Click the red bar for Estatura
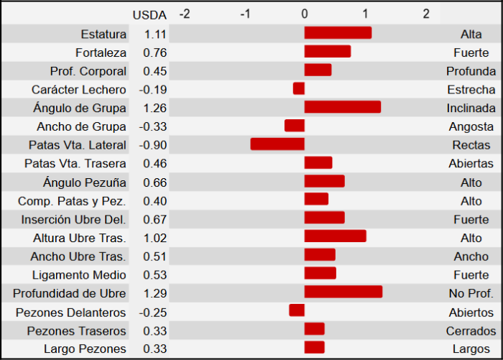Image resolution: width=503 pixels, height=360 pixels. (x=338, y=33)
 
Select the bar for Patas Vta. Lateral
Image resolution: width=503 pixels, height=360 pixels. (x=277, y=144)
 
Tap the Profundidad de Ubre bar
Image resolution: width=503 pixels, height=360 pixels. (x=343, y=292)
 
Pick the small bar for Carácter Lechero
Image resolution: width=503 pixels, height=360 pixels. (x=299, y=88)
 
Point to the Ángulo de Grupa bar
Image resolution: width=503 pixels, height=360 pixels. (x=342, y=107)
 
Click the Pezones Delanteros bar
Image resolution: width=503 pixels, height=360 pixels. (x=297, y=310)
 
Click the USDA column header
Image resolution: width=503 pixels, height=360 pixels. (x=149, y=14)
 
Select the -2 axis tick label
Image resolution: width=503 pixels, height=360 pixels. (x=184, y=14)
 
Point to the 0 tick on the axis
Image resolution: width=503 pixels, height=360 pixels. (x=305, y=14)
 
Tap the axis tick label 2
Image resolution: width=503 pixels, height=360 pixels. (x=426, y=14)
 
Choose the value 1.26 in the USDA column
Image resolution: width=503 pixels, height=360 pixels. (x=154, y=108)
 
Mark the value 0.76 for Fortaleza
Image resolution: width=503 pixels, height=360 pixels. (x=154, y=52)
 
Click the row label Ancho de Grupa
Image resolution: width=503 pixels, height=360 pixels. (x=81, y=126)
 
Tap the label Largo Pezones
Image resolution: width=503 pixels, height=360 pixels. (x=85, y=349)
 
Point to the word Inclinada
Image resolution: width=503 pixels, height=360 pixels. (x=471, y=108)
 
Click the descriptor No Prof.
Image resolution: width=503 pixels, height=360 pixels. (x=471, y=293)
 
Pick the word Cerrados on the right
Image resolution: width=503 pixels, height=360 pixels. (x=471, y=331)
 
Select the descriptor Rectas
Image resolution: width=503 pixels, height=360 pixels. (x=471, y=145)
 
